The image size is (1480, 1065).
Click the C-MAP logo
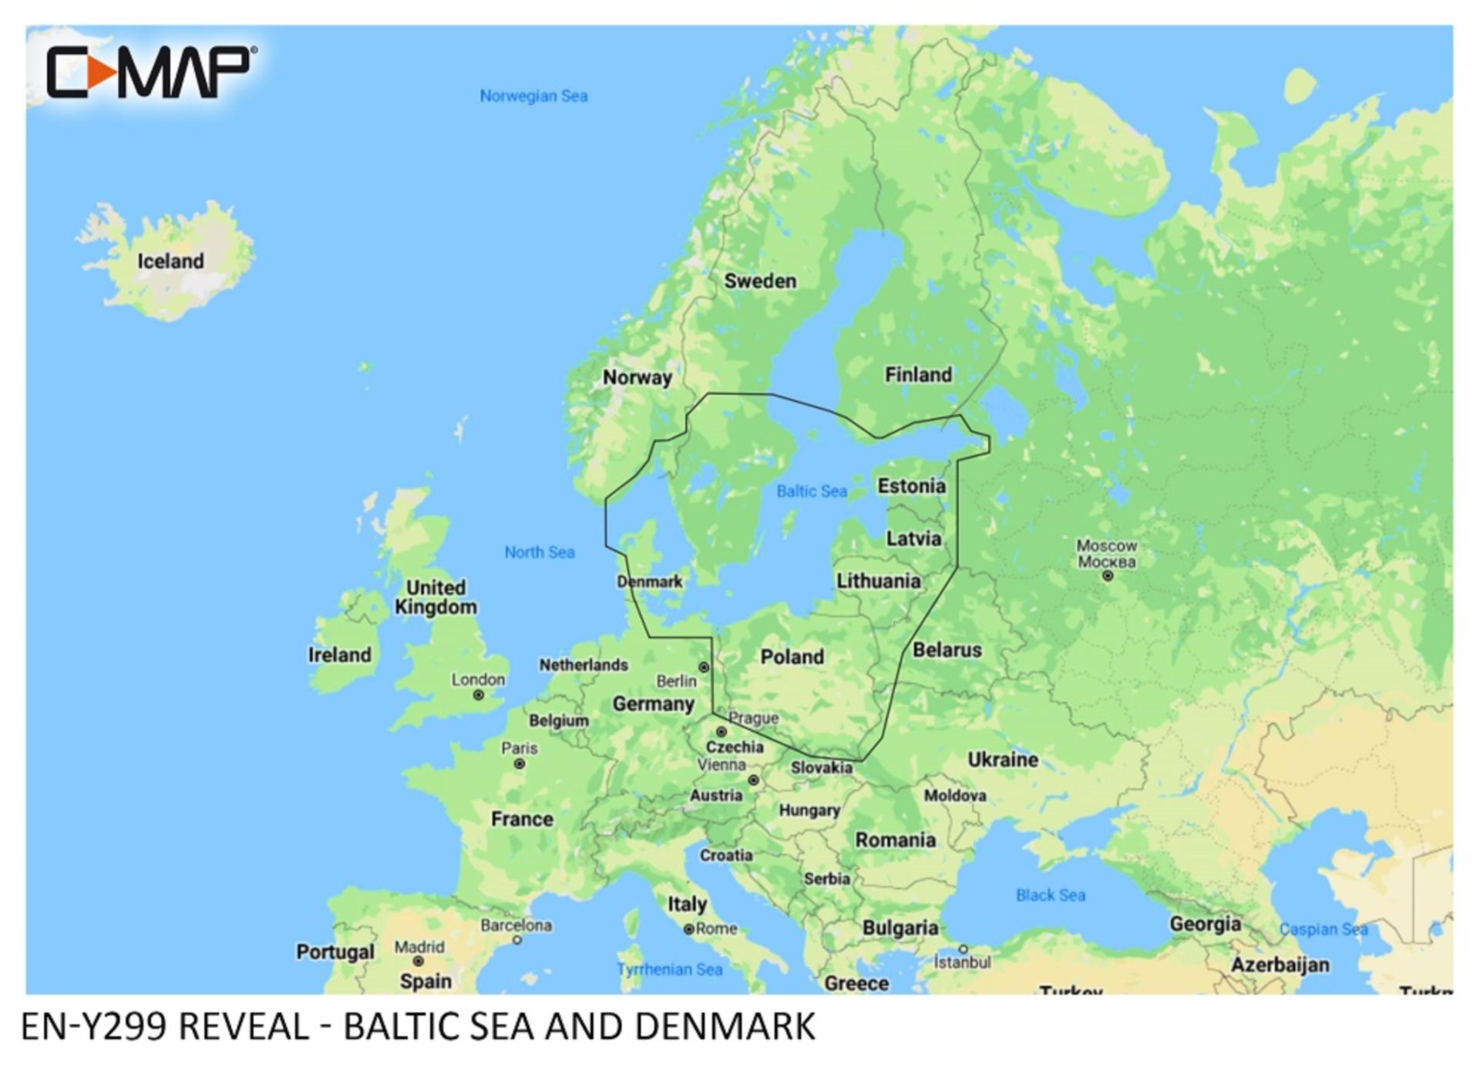click(x=150, y=72)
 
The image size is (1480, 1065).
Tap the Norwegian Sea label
click(x=533, y=96)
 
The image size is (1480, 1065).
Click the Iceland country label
click(x=170, y=261)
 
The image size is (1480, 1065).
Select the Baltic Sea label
click(x=811, y=491)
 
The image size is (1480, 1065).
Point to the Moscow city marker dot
click(x=1108, y=576)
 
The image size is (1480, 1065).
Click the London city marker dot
click(x=479, y=696)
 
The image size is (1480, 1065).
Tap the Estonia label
click(x=911, y=487)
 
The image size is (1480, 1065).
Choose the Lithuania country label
click(x=878, y=581)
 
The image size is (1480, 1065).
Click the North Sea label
click(x=539, y=552)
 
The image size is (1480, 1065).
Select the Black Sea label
click(x=1050, y=895)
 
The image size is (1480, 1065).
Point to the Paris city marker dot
click(x=520, y=764)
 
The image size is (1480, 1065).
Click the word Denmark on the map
click(x=650, y=582)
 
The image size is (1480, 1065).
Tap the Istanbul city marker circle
click(x=963, y=949)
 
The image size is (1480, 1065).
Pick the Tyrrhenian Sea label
click(x=669, y=970)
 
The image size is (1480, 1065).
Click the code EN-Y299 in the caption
click(x=93, y=1027)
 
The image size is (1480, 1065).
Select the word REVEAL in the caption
click(x=244, y=1027)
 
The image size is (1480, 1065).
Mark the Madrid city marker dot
click(x=418, y=962)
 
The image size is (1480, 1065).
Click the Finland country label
click(x=917, y=376)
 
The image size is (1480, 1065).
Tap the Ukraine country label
click(x=1002, y=760)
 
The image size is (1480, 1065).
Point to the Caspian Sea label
click(x=1323, y=930)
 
